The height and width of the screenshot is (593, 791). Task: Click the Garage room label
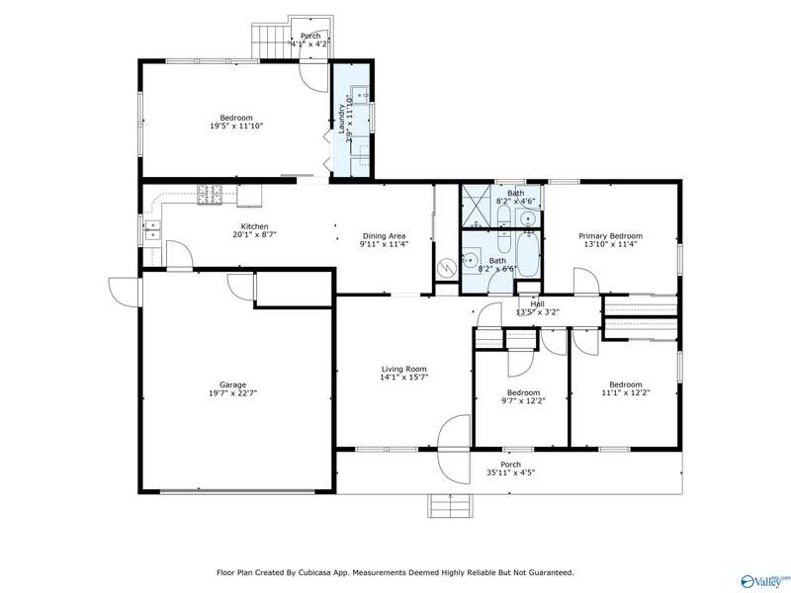click(233, 384)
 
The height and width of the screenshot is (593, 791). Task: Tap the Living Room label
click(404, 369)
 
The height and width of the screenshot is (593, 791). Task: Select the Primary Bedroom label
click(610, 236)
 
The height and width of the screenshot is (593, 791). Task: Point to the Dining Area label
click(384, 236)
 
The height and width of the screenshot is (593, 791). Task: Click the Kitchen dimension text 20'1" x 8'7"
click(255, 234)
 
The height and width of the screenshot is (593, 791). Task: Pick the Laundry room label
click(341, 119)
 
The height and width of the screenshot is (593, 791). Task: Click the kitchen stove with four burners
click(210, 195)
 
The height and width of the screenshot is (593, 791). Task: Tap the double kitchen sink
click(152, 230)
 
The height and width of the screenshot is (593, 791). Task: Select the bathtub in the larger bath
click(528, 254)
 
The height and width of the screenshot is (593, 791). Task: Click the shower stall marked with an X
click(476, 207)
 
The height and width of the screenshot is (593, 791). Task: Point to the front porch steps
click(451, 506)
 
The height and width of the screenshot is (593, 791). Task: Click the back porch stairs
click(270, 41)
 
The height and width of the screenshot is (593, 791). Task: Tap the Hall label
click(537, 304)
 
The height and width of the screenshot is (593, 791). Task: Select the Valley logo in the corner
click(763, 581)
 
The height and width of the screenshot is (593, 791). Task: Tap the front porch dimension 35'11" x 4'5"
click(510, 473)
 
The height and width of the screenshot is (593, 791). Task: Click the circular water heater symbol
click(447, 266)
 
